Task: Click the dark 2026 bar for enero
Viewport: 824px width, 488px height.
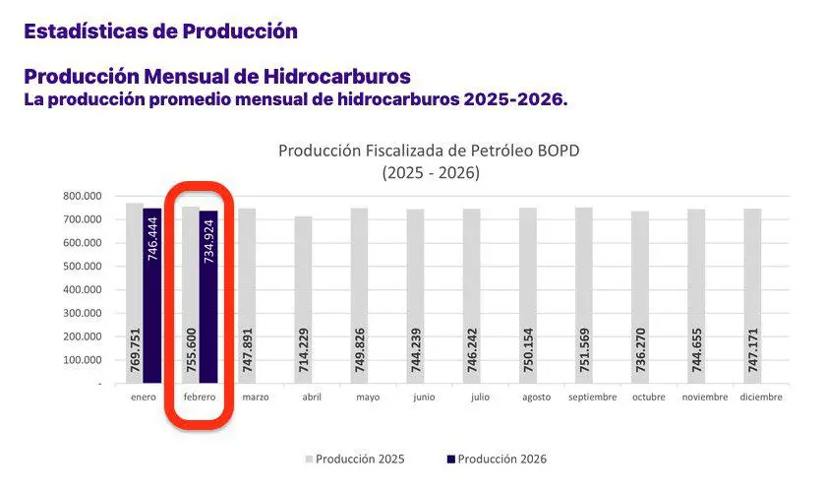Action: click(151, 295)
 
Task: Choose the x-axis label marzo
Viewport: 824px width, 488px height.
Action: click(255, 397)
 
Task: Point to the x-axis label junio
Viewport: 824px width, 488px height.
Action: click(423, 397)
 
